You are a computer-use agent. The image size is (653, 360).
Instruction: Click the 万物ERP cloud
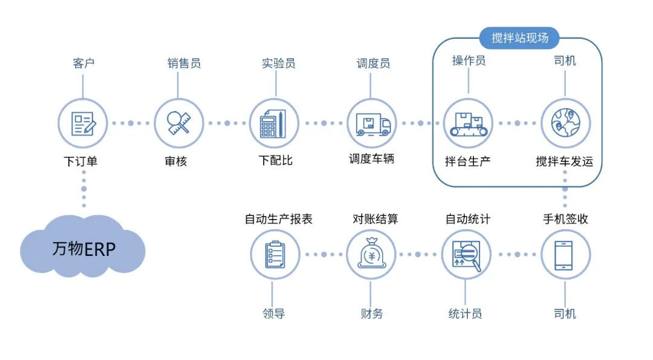click(83, 249)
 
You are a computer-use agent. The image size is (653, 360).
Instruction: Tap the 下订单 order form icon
click(83, 123)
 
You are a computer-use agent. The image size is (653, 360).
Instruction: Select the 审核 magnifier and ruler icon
click(179, 123)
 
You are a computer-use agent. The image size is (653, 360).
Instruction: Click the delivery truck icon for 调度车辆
click(371, 123)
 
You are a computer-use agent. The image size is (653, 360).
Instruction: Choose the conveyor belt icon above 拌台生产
click(468, 123)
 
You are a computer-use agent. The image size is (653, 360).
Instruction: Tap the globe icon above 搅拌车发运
click(565, 123)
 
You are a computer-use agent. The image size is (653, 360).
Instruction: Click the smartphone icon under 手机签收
click(565, 255)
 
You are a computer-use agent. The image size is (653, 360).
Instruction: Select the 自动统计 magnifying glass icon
click(467, 255)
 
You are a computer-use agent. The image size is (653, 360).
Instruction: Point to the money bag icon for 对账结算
click(371, 255)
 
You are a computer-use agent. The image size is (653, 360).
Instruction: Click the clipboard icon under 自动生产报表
click(275, 255)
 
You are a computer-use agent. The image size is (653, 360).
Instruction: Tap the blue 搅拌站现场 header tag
click(519, 38)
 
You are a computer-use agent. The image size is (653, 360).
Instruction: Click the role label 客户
click(83, 63)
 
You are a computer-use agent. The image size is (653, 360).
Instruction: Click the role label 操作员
click(469, 61)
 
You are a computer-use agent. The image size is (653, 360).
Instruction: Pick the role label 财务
click(371, 313)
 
